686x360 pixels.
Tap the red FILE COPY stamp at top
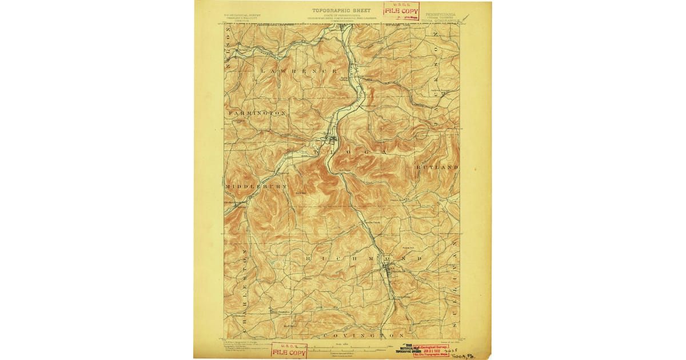[401, 10]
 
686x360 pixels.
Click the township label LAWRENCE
[298, 70]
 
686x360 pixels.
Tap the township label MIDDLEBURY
[256, 187]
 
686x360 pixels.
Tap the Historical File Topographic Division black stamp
[408, 350]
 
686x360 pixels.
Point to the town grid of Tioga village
[330, 139]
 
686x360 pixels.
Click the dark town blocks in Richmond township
[389, 269]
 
